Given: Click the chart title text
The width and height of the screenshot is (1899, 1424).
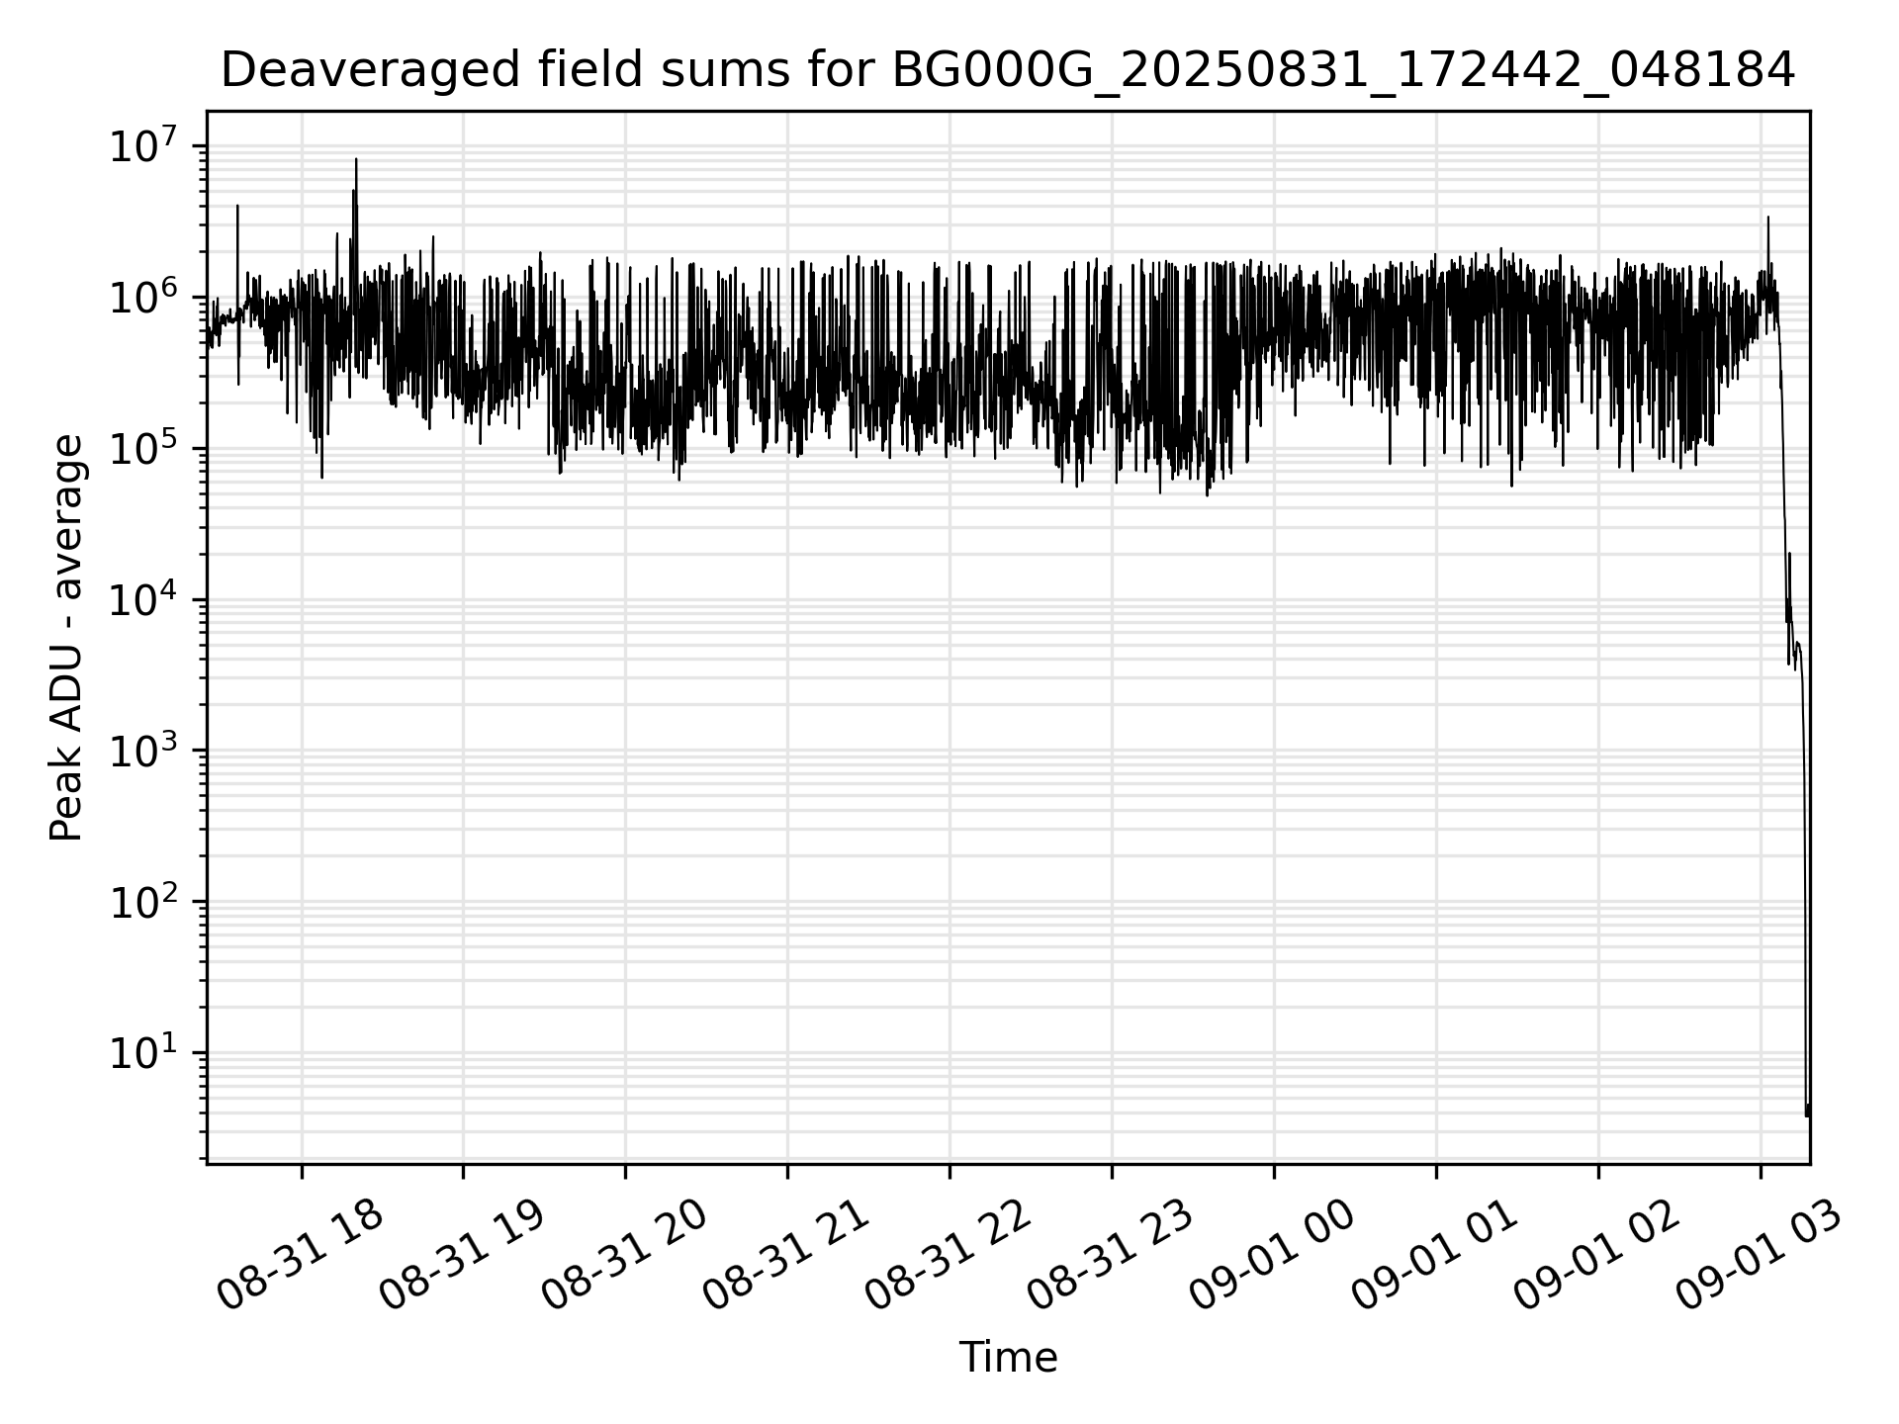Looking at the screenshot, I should click(1007, 70).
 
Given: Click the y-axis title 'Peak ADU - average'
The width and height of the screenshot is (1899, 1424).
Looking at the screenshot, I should click(66, 639).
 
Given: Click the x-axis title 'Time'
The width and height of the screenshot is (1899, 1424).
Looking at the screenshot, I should click(1008, 1358).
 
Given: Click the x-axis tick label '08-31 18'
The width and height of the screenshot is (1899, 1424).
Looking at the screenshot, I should click(300, 1256).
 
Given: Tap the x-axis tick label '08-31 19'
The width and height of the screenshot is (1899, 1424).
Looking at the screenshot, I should click(462, 1256).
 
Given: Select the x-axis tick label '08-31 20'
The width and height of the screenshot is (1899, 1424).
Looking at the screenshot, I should click(624, 1256).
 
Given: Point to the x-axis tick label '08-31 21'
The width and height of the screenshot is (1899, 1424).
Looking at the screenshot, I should click(786, 1256).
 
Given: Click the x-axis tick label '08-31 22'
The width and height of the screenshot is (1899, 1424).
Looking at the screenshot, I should click(949, 1256).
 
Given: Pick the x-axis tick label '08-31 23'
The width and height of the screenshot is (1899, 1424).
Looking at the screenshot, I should click(1111, 1256).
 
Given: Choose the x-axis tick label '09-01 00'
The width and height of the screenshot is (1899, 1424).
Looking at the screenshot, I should click(1273, 1256).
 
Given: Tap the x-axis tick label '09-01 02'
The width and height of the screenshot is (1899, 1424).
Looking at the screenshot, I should click(1597, 1256).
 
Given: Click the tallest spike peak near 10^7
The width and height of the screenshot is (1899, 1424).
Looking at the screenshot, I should click(356, 159).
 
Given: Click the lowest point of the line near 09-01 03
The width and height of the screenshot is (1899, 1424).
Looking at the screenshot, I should click(1807, 1115).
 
